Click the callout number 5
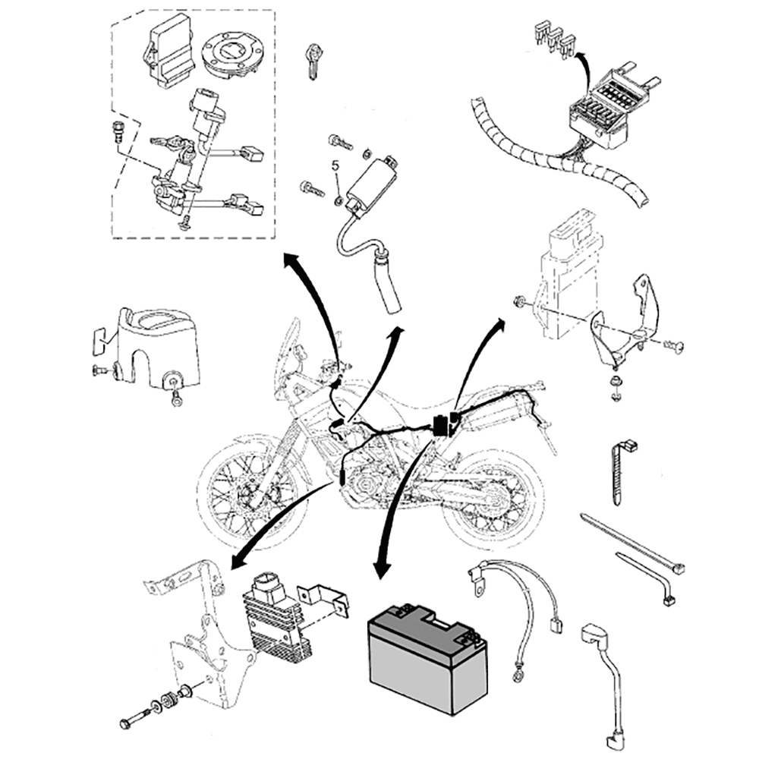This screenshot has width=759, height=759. click(335, 165)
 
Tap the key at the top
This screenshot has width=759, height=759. click(312, 59)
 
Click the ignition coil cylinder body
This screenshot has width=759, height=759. click(368, 182)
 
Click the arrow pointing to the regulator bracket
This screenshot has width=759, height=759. click(273, 524)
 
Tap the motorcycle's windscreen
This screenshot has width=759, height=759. click(289, 345)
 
